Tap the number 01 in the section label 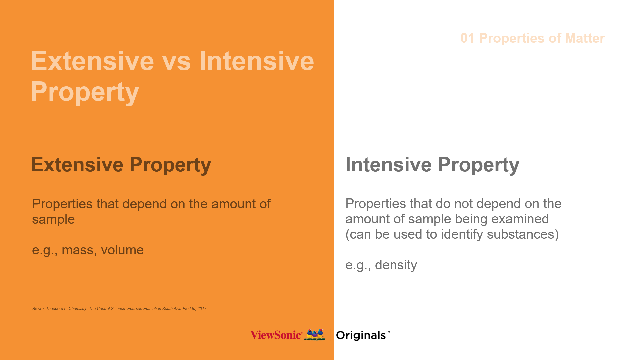click(x=467, y=38)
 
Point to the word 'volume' click(x=122, y=250)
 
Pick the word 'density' click(x=396, y=265)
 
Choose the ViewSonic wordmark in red click(x=276, y=335)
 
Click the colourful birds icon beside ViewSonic click(x=315, y=334)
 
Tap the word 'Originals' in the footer click(x=361, y=335)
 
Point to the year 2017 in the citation click(x=202, y=309)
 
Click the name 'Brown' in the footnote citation click(x=38, y=309)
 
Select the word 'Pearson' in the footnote click(x=135, y=309)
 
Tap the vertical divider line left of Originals click(x=331, y=335)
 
